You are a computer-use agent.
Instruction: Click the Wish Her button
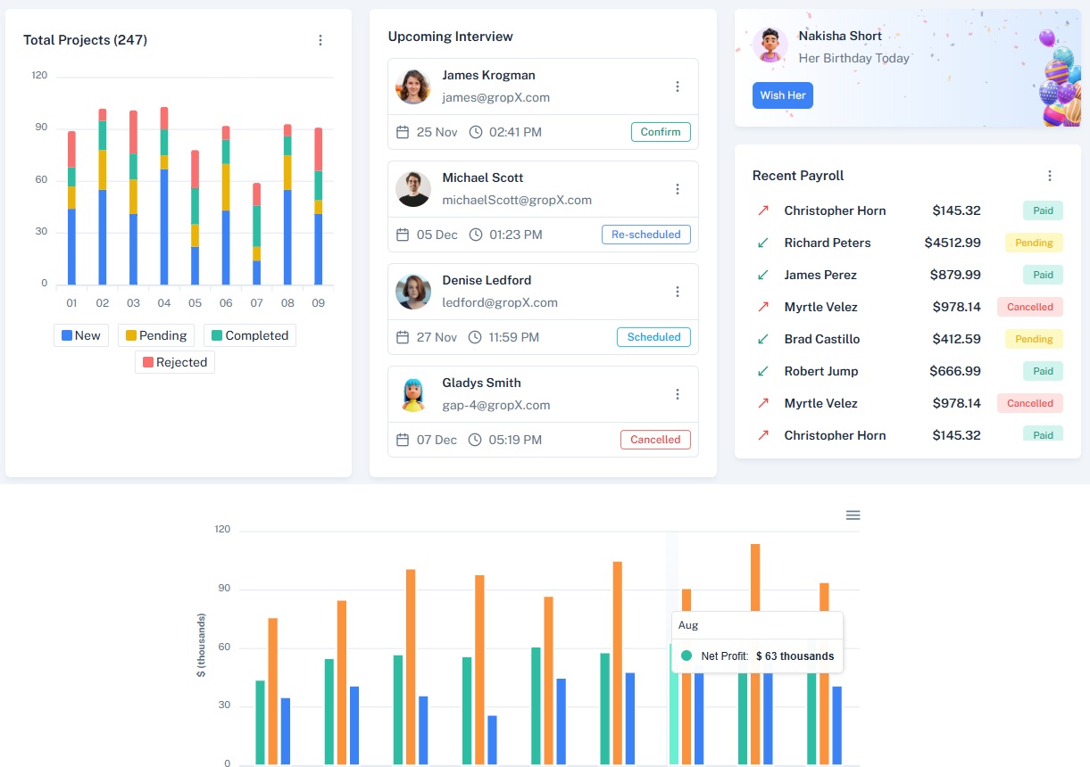coord(782,95)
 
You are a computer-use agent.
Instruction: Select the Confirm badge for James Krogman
coord(661,132)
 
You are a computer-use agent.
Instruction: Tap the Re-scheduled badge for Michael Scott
coord(646,235)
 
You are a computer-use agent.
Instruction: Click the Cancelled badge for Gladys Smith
coord(655,440)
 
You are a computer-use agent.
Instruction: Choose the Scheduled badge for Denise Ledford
coord(653,337)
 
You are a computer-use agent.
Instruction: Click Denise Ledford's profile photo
coord(413,291)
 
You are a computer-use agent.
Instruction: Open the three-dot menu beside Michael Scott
coord(678,189)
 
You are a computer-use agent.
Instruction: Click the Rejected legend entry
coord(175,362)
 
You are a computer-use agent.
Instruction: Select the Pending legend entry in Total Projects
coord(156,335)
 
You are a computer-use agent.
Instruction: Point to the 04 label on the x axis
coord(164,303)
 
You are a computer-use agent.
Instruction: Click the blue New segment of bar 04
coord(164,227)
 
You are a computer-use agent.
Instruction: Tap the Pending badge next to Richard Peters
coord(1034,243)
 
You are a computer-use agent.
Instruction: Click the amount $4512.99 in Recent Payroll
coord(953,243)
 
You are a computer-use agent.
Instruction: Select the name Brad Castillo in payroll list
coord(821,339)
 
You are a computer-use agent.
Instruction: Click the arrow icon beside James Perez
coord(763,275)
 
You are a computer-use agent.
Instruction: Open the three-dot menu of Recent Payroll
coord(1050,176)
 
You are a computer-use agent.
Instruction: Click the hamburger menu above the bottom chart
coord(853,515)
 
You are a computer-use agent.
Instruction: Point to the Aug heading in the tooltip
coord(688,625)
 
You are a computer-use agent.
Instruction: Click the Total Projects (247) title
coord(85,40)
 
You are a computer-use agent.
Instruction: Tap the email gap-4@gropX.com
coord(495,405)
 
